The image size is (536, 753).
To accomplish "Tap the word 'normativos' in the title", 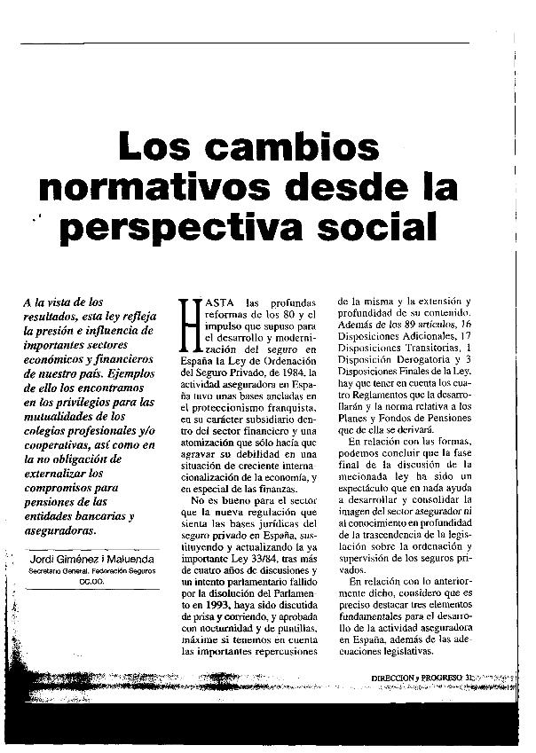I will tap(150, 188).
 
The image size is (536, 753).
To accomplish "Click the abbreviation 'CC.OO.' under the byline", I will tap(91, 582).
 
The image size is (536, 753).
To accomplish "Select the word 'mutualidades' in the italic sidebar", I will tap(63, 415).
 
